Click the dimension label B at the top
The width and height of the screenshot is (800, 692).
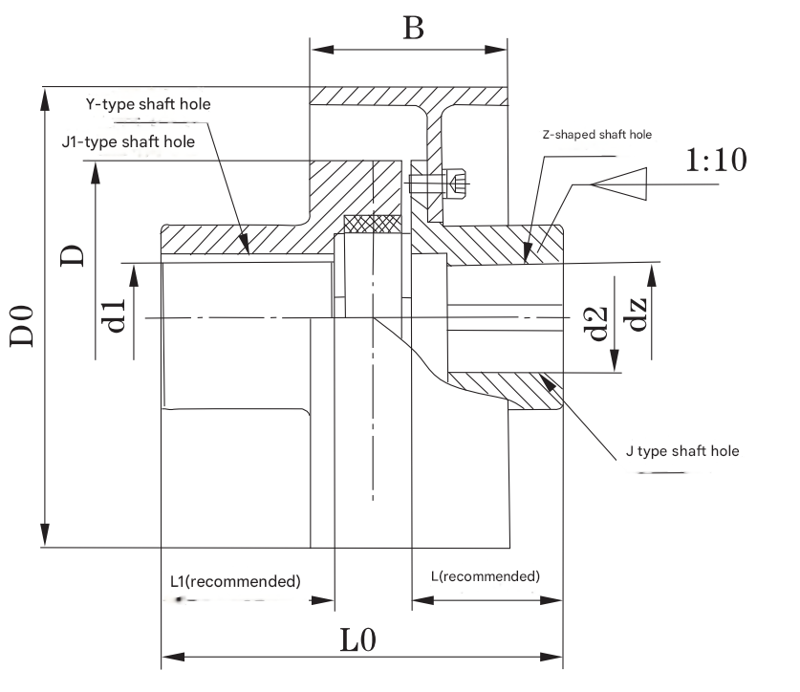[x=413, y=28]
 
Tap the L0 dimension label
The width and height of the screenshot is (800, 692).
[x=361, y=639]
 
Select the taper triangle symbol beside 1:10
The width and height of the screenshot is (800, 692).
[x=621, y=183]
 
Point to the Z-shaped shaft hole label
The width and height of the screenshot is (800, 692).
[x=596, y=135]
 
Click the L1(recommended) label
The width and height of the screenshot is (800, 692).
[x=235, y=580]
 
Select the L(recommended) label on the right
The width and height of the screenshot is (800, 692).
[x=485, y=575]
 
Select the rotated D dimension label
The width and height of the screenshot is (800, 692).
[x=73, y=254]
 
